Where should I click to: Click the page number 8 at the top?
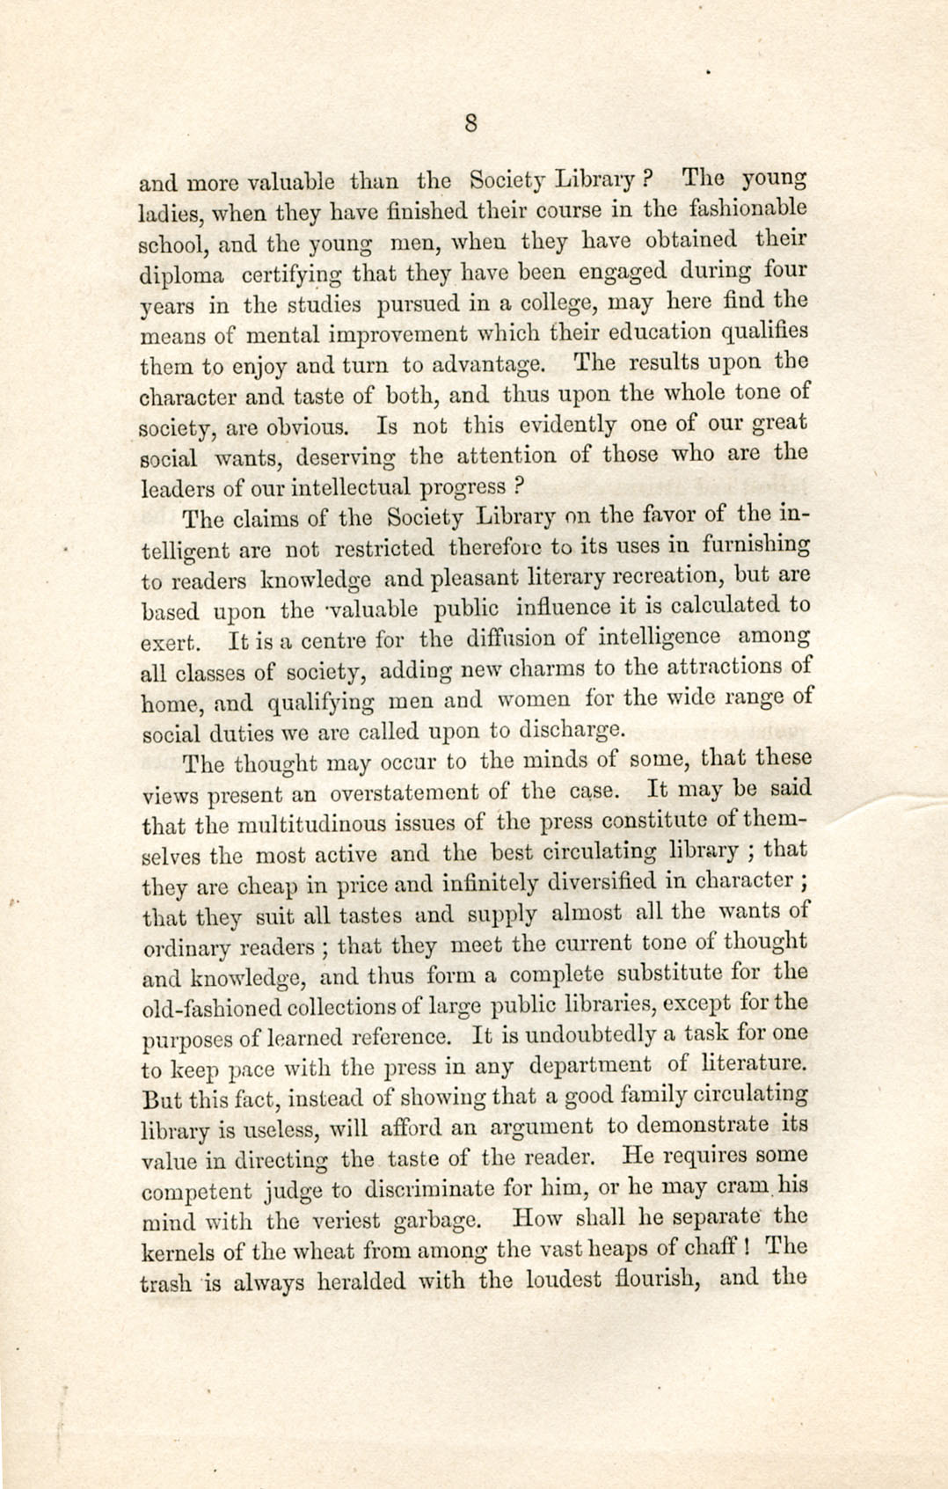click(x=471, y=123)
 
